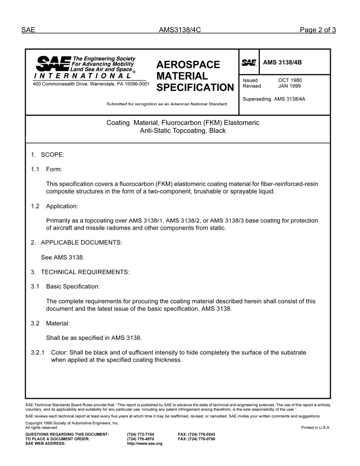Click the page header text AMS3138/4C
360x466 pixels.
pyautogui.click(x=179, y=30)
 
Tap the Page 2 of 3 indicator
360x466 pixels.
pyautogui.click(x=318, y=30)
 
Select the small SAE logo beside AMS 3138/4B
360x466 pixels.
pyautogui.click(x=249, y=63)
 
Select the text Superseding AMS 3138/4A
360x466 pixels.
pyautogui.click(x=274, y=99)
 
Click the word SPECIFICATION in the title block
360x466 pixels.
pyautogui.click(x=195, y=88)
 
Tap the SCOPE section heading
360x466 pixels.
pyautogui.click(x=52, y=155)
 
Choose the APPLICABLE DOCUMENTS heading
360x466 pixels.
pyautogui.click(x=81, y=242)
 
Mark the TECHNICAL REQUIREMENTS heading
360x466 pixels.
pyautogui.click(x=85, y=272)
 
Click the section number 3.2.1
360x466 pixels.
pyautogui.click(x=38, y=353)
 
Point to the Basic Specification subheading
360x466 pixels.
pyautogui.click(x=73, y=286)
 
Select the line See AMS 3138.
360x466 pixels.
pyautogui.click(x=63, y=257)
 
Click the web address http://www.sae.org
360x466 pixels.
pyautogui.click(x=144, y=444)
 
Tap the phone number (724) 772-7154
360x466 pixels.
pyautogui.click(x=141, y=435)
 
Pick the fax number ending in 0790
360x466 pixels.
pyautogui.click(x=196, y=439)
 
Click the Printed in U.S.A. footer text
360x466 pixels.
pyautogui.click(x=316, y=428)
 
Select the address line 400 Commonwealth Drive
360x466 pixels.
pyautogui.click(x=91, y=84)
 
